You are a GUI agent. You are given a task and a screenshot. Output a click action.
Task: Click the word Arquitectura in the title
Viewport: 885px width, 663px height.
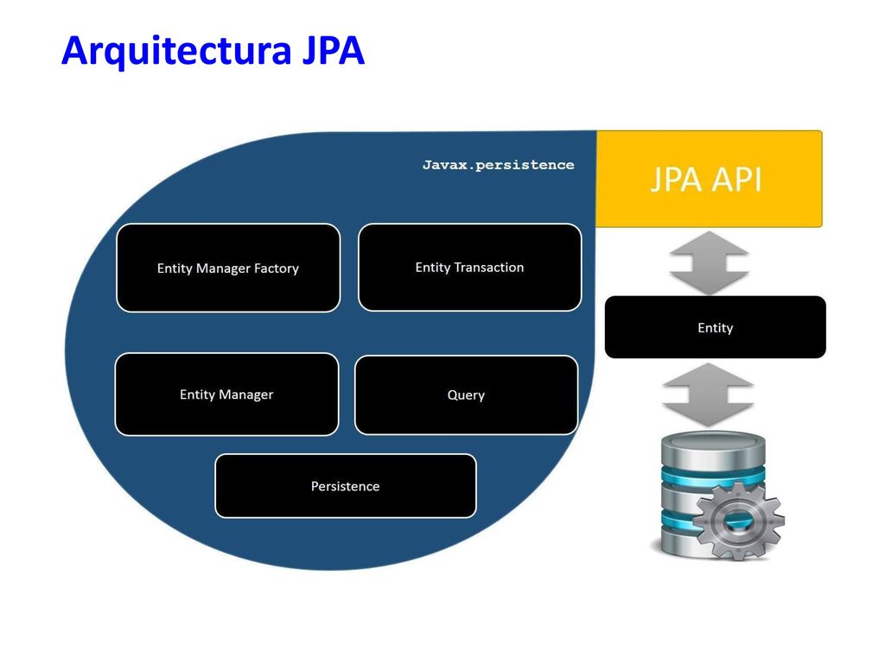[176, 51]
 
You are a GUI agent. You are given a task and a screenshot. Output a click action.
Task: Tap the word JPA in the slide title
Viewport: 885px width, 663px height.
[334, 51]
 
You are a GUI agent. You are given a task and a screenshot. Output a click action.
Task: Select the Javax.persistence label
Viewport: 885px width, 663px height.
[499, 165]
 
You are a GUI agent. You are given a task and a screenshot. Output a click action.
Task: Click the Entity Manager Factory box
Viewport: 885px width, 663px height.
[228, 268]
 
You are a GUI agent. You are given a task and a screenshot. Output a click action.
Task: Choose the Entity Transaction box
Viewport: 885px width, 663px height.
[469, 268]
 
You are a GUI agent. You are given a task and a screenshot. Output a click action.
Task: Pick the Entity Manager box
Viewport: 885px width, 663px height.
[226, 394]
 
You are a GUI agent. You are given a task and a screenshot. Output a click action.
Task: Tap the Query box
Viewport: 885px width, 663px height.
[466, 395]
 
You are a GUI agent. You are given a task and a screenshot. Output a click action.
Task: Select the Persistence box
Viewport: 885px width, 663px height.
[346, 486]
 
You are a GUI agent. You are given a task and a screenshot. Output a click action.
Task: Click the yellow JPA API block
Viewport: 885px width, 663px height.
[709, 179]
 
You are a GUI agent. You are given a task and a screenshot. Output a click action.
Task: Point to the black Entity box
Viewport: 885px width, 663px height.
[715, 327]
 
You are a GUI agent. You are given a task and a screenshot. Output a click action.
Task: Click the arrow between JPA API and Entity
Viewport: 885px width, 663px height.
[709, 262]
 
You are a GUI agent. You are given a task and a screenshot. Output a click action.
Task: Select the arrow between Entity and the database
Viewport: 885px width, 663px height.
[708, 395]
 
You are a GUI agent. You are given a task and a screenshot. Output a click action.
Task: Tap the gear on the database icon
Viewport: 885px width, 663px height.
[738, 521]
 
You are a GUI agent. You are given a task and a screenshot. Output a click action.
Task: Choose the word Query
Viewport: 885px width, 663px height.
[466, 395]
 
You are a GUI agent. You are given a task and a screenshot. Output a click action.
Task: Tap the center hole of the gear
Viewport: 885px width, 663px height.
[738, 521]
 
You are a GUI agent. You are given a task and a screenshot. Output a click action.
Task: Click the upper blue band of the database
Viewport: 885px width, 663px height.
[713, 477]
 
